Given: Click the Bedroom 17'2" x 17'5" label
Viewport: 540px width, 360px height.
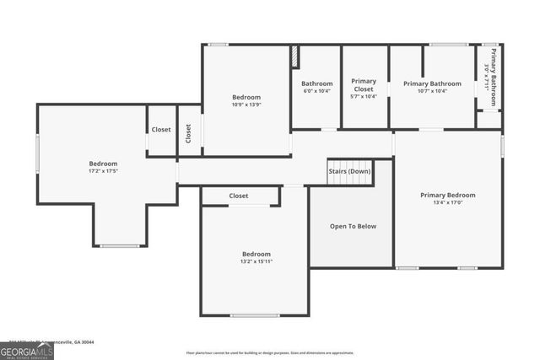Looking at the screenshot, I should coord(103,167).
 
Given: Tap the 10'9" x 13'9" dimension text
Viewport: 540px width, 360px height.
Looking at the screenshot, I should coord(246,105).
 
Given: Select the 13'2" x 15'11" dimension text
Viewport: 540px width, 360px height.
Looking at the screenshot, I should coord(256,261).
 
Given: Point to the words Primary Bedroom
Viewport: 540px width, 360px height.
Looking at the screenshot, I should coord(447,196).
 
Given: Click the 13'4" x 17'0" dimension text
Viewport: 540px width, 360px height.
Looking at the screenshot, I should coord(447,203).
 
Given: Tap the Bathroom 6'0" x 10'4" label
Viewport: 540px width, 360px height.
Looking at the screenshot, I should coord(317,87).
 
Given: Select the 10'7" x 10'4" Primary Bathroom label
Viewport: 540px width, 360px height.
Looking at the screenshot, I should coord(432,88).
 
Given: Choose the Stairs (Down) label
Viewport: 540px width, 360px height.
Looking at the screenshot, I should coord(349,171).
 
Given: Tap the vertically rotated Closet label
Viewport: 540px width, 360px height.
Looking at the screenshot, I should coord(189,131).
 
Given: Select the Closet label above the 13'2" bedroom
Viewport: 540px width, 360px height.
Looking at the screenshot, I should coord(239,196).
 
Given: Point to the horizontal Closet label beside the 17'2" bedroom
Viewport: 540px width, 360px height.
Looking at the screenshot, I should coord(161,130).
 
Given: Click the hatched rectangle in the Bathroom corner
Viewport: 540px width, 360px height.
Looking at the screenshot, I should coord(294,56).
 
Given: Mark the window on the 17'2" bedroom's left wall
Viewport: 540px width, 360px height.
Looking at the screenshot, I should coord(37,154).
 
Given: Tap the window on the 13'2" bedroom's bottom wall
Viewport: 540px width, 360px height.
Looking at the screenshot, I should coord(255,315).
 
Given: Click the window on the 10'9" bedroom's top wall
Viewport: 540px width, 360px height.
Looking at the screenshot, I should coord(218,45).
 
